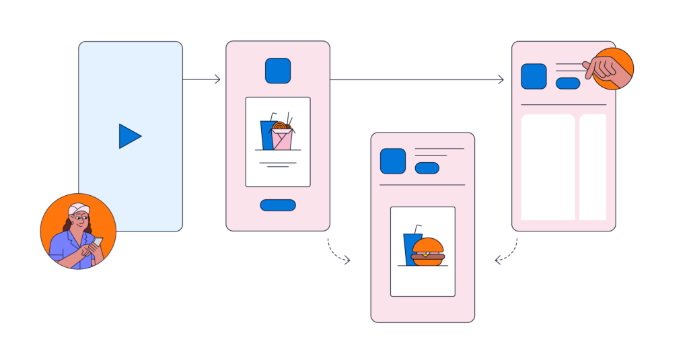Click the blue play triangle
pos(129,137)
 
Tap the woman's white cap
pos(79,209)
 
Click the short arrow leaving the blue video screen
pos(201,79)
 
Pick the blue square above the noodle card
pos(278,71)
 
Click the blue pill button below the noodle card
pos(278,205)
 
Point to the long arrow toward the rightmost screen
pos(416,80)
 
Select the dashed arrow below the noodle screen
pos(338,252)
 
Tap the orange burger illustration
pos(428,252)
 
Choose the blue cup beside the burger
pos(411,248)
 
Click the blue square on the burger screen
pos(393,161)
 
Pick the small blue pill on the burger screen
pos(427,168)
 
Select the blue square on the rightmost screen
pos(534,76)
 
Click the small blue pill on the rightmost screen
pos(568,83)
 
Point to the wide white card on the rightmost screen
pos(548,167)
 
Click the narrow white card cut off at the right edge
pos(593,167)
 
